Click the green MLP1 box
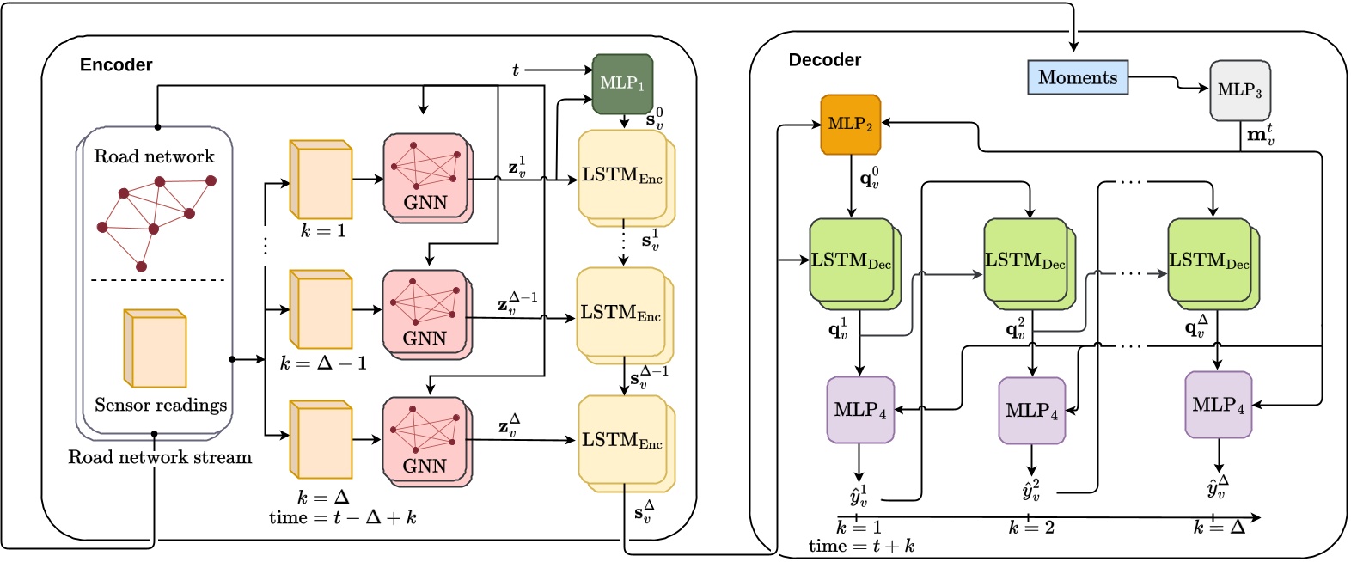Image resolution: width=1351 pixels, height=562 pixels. coord(622,83)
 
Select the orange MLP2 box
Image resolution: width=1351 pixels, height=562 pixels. coord(850,124)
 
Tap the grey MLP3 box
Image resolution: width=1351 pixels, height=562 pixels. coord(1239,89)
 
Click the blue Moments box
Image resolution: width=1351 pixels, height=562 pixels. coord(1078,77)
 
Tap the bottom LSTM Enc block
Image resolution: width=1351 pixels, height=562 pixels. coord(622,440)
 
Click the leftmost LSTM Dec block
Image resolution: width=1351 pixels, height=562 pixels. coord(851,260)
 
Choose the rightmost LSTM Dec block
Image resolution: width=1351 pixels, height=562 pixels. coord(1209,260)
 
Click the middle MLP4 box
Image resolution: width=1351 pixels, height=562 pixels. coord(1031,410)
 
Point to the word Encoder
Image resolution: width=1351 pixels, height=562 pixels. coord(116,65)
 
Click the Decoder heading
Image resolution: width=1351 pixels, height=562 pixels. coord(825,60)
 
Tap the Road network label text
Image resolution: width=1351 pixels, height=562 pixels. coord(154,156)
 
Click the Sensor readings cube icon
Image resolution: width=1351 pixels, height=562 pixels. coord(155,348)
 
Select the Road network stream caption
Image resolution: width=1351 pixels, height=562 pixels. coord(160,457)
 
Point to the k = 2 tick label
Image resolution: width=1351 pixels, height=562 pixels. coord(1031,528)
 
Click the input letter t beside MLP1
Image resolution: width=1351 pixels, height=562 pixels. coord(516,70)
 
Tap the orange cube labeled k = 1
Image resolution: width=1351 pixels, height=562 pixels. coord(321,180)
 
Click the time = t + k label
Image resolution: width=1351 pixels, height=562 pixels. coord(861,547)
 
